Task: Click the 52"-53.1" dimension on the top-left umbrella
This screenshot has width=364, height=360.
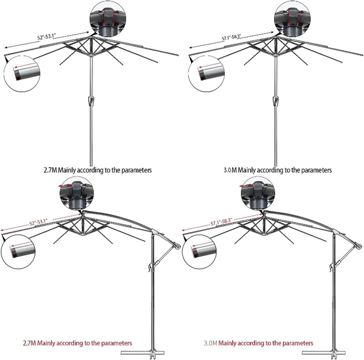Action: pyautogui.click(x=46, y=36)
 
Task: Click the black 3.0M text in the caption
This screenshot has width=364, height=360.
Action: pyautogui.click(x=230, y=170)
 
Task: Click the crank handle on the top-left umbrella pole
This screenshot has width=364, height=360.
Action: pyautogui.click(x=91, y=101)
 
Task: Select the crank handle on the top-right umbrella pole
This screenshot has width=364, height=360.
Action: pyautogui.click(x=275, y=101)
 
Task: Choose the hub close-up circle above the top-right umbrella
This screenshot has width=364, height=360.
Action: pyautogui.click(x=292, y=19)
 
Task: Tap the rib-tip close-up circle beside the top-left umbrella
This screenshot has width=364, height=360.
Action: pyautogui.click(x=22, y=74)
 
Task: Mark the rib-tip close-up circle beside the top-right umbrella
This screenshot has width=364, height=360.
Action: pyautogui.click(x=206, y=74)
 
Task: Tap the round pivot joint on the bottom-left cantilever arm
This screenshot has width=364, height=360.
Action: pyautogui.click(x=178, y=246)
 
